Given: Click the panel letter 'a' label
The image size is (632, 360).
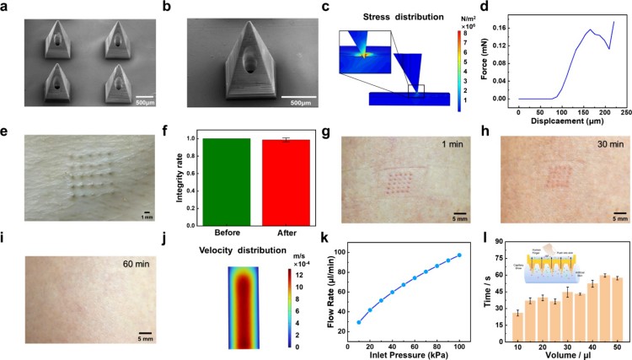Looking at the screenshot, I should click(5, 6).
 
